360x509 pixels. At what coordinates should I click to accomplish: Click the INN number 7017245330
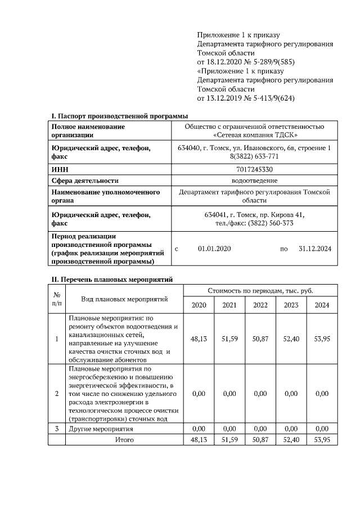(x=254, y=169)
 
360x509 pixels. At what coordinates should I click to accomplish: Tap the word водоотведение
(x=254, y=181)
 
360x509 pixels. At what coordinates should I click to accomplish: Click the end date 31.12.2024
(x=314, y=249)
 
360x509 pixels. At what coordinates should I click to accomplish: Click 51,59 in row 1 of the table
(x=229, y=339)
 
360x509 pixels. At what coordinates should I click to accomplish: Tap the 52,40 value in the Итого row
(x=291, y=439)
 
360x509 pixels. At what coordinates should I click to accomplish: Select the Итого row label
(x=124, y=439)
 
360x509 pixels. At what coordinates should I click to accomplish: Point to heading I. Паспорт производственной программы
(x=120, y=116)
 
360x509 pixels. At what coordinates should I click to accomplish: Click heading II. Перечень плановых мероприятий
(x=112, y=279)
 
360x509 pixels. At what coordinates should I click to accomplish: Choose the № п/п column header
(x=57, y=299)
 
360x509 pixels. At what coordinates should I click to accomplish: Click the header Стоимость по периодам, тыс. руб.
(x=260, y=291)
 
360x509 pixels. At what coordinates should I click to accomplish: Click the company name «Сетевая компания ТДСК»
(x=254, y=135)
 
